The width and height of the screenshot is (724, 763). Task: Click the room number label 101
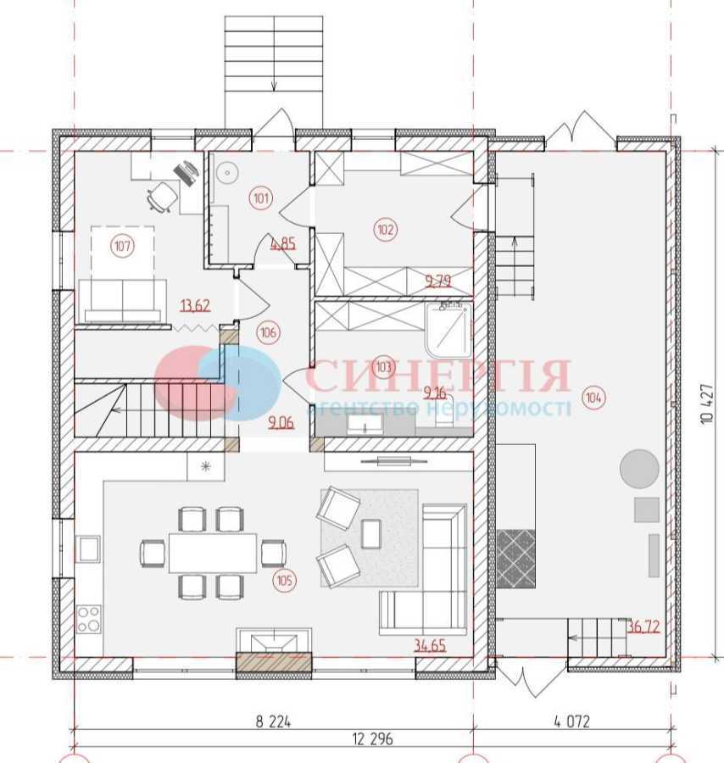click(262, 199)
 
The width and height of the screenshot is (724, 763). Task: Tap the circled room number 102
click(386, 229)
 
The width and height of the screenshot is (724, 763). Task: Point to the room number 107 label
click(123, 247)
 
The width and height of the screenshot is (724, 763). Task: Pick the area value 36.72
click(643, 627)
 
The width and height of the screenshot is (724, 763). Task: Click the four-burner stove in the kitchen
click(89, 618)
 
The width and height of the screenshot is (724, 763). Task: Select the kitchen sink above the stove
click(89, 550)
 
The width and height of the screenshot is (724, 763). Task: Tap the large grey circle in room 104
click(639, 469)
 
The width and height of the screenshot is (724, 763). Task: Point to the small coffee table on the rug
click(371, 532)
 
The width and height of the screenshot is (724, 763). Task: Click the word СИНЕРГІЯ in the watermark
click(437, 376)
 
